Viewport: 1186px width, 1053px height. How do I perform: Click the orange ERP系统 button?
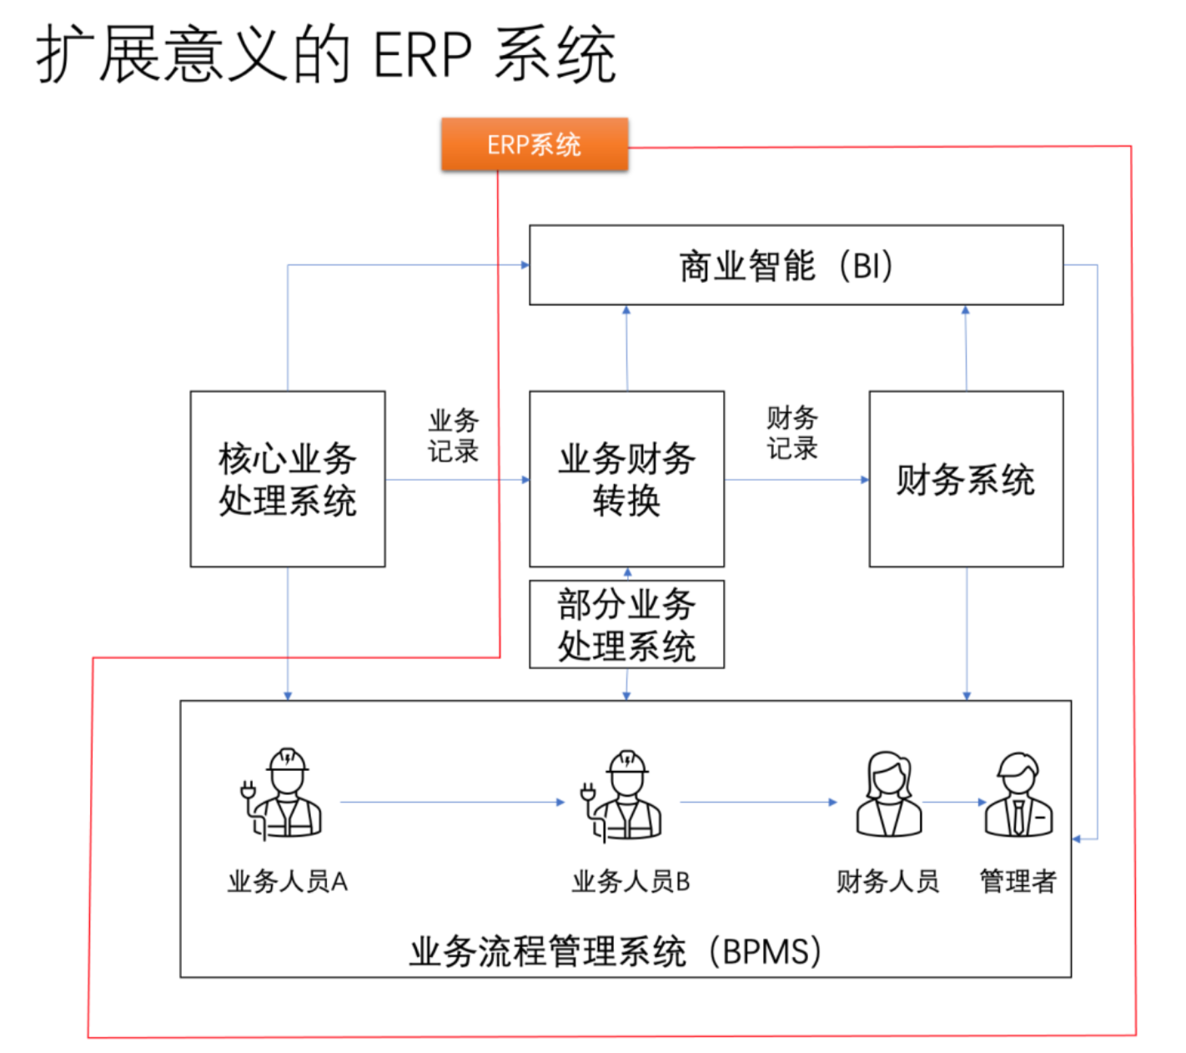[x=534, y=144]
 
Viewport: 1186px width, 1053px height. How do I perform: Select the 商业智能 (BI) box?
[x=796, y=265]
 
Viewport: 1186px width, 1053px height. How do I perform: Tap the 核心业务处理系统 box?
[x=288, y=479]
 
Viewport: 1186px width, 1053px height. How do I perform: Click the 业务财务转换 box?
[x=626, y=479]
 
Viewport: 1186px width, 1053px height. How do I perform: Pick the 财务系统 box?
[x=966, y=479]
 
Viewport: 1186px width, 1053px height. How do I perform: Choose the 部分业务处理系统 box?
[x=626, y=625]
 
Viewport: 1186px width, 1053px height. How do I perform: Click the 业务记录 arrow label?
[x=454, y=436]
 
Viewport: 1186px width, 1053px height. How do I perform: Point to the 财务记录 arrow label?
[x=792, y=433]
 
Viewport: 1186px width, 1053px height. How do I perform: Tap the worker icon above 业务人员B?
[x=624, y=795]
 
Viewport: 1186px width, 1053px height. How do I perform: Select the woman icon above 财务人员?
[x=888, y=794]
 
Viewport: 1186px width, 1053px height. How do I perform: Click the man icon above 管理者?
[x=1018, y=794]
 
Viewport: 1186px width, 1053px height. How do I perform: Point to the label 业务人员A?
[x=288, y=881]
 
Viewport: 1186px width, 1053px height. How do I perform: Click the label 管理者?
[x=1018, y=881]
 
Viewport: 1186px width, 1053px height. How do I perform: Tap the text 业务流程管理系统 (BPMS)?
[x=616, y=951]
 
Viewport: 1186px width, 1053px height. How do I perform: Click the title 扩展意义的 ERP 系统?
[x=326, y=55]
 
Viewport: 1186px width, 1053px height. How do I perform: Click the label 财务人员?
[x=888, y=881]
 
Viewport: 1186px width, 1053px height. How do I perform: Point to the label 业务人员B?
[x=631, y=881]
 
